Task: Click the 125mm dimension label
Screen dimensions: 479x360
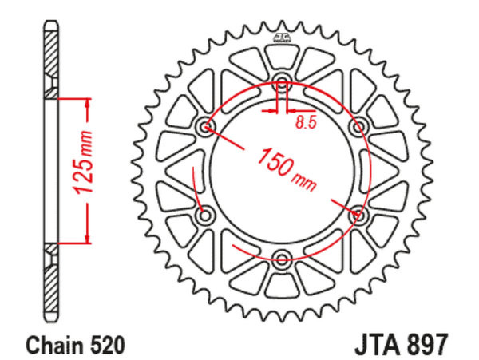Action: [82, 163]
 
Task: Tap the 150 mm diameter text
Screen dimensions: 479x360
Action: [287, 169]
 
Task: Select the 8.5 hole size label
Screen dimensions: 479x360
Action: [305, 122]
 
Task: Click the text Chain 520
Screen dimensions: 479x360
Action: [76, 345]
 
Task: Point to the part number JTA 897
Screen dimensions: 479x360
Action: [401, 344]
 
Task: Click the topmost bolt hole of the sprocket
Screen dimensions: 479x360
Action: [282, 80]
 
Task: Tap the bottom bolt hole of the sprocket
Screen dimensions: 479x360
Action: [282, 259]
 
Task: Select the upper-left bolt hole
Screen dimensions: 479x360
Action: [205, 126]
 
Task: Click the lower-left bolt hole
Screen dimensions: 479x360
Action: [205, 215]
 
